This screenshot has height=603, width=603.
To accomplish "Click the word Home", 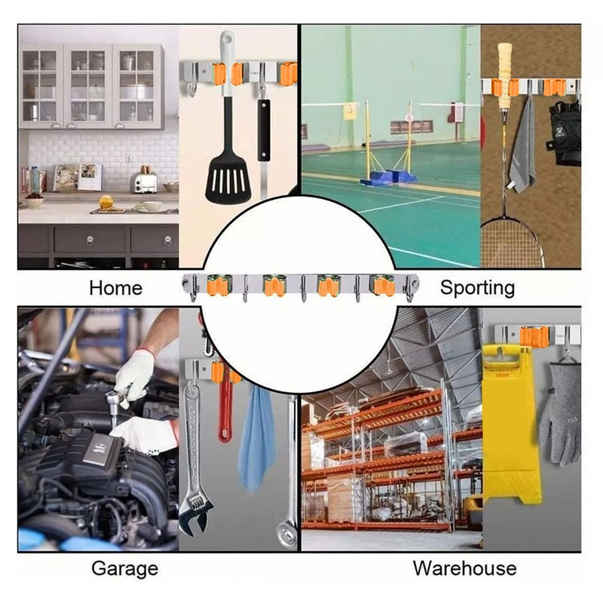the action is [116, 288].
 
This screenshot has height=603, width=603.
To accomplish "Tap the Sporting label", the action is [477, 288].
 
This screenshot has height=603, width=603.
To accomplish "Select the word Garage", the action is [125, 568].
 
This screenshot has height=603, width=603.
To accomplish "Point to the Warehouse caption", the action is [464, 568].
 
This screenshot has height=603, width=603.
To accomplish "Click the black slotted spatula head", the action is [228, 181].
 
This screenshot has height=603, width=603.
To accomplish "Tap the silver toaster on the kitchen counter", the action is [144, 182].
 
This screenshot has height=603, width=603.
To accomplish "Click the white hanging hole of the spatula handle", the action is [228, 38].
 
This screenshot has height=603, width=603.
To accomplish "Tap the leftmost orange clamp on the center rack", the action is [219, 286].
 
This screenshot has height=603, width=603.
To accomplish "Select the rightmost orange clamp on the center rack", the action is [382, 286].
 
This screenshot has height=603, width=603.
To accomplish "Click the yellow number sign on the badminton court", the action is [350, 111].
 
